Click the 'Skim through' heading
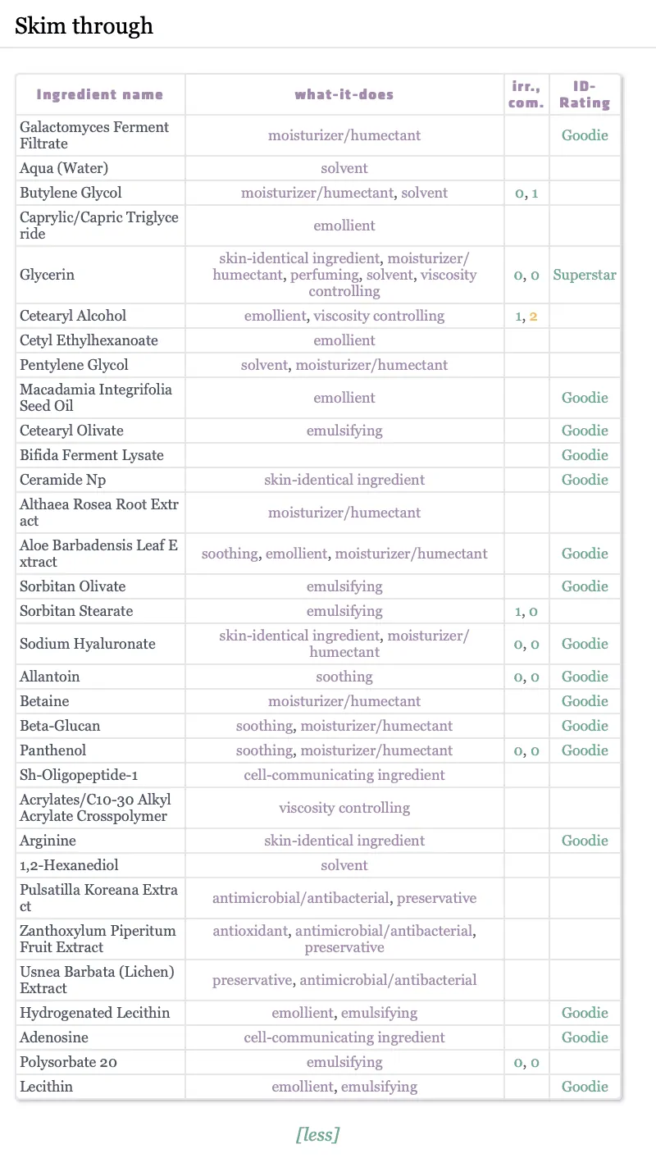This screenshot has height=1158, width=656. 84,26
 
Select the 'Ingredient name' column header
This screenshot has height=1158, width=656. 100,94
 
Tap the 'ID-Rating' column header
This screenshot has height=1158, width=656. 585,94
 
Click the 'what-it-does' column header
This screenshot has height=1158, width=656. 344,94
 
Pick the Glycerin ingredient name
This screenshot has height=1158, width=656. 47,275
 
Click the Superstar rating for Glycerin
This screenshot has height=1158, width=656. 585,275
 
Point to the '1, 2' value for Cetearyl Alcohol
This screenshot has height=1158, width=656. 526,316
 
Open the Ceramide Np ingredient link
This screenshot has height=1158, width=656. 62,480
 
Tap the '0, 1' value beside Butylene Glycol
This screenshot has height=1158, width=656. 526,193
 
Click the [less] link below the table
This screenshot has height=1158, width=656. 317,1134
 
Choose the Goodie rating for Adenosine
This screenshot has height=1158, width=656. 585,1037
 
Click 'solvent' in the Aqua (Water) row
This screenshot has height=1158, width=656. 344,168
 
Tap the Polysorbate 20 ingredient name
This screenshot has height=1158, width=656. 68,1062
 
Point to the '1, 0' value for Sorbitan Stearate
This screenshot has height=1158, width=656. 526,611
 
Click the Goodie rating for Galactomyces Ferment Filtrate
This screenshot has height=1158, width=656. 585,135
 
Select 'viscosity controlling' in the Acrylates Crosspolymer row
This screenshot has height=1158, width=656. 344,808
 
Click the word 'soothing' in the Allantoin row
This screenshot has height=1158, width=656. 344,677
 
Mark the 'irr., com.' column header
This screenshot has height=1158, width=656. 526,94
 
